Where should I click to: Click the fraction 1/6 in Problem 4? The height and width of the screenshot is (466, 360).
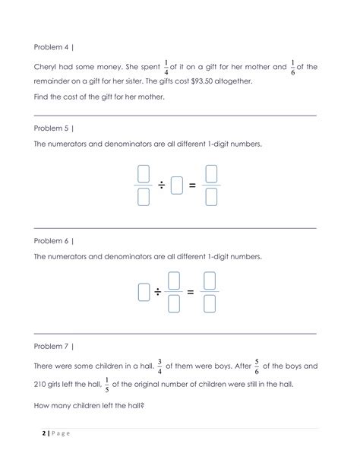(292, 67)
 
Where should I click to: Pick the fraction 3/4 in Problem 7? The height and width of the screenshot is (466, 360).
(159, 366)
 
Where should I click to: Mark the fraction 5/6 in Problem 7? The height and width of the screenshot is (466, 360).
(256, 366)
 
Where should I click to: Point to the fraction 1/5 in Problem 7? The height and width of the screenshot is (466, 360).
(106, 384)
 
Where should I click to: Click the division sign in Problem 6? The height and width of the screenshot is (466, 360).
(158, 292)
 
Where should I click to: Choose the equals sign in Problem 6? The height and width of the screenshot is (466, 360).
(191, 292)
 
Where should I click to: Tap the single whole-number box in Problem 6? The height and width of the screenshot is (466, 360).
(144, 292)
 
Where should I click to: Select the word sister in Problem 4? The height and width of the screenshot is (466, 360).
(126, 81)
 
